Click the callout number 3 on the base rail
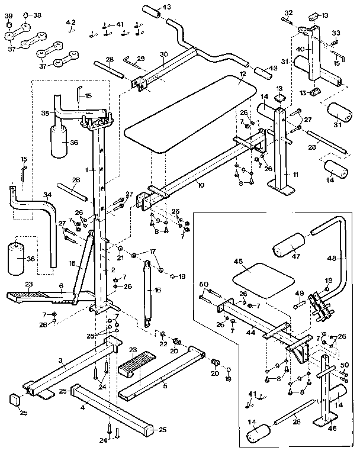pyautogui.click(x=60, y=360)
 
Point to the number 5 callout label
pyautogui.click(x=165, y=385)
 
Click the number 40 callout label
pyautogui.click(x=300, y=49)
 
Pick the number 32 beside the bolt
pyautogui.click(x=288, y=12)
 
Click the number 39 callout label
pyautogui.click(x=9, y=15)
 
